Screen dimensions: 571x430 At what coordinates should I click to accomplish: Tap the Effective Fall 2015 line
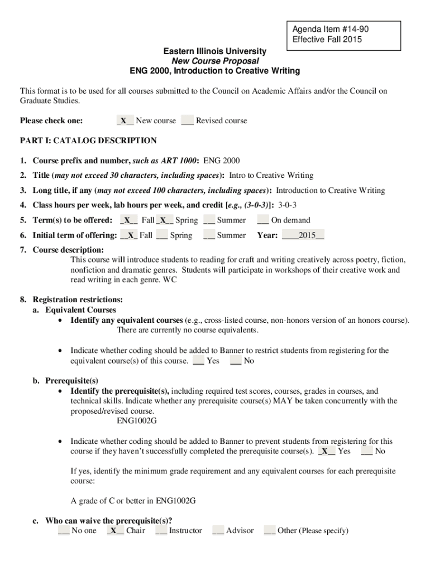327,39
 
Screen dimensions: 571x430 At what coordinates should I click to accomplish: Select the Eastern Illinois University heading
214,51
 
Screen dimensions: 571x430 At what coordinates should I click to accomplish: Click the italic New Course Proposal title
215,61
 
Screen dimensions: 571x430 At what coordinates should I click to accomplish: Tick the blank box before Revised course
187,121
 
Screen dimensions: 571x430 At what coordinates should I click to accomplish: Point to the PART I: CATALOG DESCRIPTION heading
88,141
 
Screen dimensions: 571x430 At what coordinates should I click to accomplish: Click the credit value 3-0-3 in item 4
287,205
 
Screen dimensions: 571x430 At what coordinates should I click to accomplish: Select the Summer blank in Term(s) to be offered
209,220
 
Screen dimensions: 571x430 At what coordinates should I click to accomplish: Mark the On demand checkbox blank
263,220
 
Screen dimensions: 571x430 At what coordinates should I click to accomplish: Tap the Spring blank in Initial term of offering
162,235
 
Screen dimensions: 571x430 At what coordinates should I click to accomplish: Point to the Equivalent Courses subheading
80,310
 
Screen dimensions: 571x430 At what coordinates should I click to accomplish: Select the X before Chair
114,531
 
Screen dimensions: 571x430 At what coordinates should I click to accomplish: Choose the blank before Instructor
161,531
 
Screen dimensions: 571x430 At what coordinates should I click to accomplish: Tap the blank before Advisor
218,531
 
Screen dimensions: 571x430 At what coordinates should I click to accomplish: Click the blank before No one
64,531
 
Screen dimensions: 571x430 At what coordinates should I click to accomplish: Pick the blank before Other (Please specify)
270,531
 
